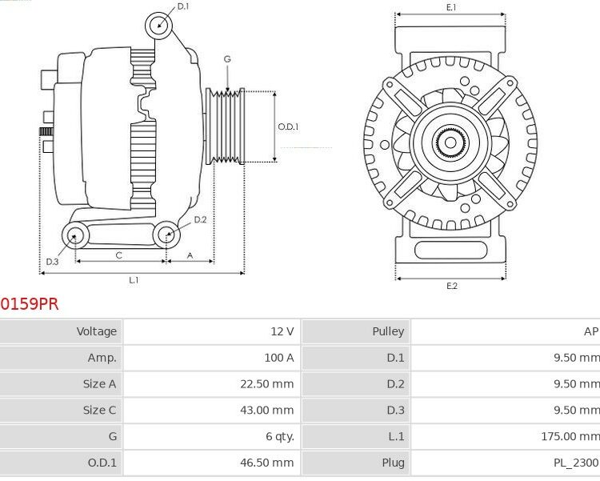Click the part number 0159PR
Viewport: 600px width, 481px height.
coord(30,304)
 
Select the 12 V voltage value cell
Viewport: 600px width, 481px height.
coord(282,331)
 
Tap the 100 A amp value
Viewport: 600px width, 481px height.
coord(279,358)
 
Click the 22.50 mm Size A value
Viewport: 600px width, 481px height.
coord(267,384)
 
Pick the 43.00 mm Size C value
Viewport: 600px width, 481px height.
coord(267,411)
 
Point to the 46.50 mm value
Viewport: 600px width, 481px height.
coord(267,463)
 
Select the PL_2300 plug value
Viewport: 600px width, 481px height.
coord(574,463)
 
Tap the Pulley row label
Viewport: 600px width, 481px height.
coord(388,331)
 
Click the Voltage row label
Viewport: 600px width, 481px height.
coord(97,331)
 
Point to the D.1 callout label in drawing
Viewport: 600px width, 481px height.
coord(183,6)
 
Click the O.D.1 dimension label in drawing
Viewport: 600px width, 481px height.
coord(288,126)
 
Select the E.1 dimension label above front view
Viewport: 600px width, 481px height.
coord(451,7)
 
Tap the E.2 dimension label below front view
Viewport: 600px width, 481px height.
coord(451,286)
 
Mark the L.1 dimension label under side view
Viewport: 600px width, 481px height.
coord(134,279)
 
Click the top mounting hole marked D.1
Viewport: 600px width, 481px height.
coord(159,25)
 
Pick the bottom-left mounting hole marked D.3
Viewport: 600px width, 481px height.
coord(76,234)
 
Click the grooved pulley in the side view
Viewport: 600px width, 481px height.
coord(225,126)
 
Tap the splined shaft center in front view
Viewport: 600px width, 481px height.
coord(450,144)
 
